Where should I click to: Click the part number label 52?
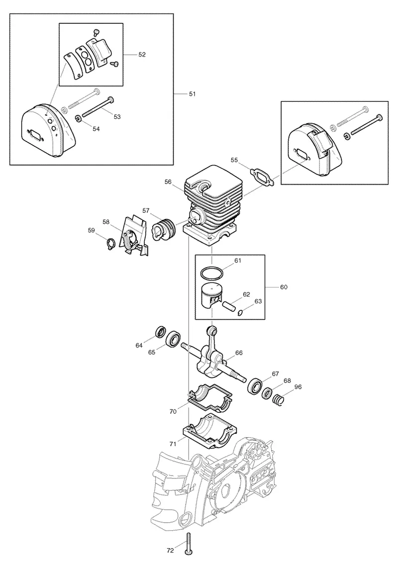coord(142,54)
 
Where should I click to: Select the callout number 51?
coord(192,94)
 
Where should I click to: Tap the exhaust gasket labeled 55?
coord(263,177)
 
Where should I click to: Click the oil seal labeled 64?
coord(160,332)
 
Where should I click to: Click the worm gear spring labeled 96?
coord(278,400)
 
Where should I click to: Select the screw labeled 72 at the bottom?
coord(189,553)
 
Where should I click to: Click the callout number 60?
coord(284,287)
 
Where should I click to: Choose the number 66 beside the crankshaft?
coord(239,353)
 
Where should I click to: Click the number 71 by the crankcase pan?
coord(173,444)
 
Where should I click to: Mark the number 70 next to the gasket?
coord(173,411)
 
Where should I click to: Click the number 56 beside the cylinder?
coord(168,182)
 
